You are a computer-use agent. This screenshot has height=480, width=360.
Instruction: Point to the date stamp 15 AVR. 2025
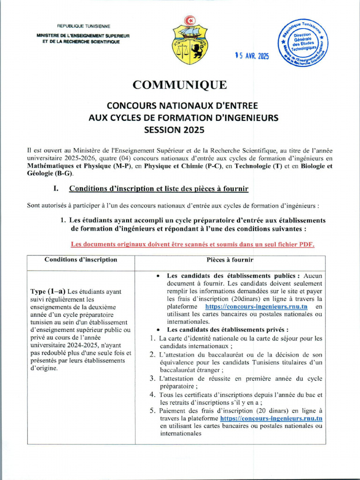[253, 56]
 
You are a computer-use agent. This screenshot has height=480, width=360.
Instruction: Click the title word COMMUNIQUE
[180, 85]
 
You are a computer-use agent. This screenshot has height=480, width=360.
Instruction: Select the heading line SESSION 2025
[180, 128]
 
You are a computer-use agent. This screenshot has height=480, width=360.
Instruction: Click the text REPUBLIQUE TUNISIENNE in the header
[84, 26]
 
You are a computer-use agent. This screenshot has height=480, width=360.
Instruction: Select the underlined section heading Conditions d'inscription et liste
[159, 188]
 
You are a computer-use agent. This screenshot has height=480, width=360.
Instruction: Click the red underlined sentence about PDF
[192, 244]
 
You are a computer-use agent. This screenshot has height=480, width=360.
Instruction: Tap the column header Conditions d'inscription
[81, 260]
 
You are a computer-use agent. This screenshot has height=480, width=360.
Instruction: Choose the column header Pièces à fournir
[230, 260]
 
